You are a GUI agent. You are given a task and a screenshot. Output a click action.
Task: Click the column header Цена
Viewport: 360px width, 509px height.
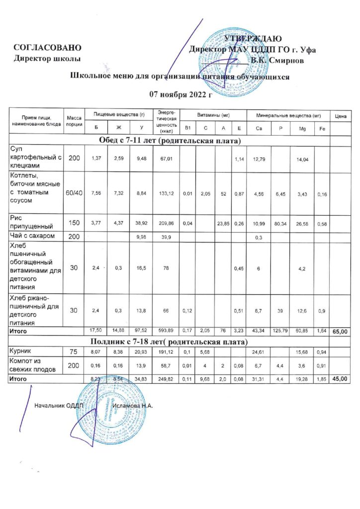pos(341,116)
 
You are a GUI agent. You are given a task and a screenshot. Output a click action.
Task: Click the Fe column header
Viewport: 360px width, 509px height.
pos(322,129)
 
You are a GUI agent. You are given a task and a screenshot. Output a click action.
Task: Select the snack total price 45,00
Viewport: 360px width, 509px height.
pos(341,379)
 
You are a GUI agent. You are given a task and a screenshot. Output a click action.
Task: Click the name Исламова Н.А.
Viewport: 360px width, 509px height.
pos(132,406)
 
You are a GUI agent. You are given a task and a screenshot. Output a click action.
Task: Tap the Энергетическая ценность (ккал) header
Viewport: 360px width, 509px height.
pos(167,122)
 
